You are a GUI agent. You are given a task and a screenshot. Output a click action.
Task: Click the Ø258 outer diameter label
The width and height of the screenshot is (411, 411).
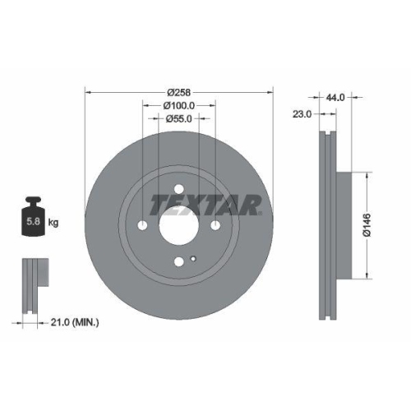(x=178, y=93)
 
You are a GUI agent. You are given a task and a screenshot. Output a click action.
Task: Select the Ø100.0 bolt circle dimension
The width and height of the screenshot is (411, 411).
(x=178, y=105)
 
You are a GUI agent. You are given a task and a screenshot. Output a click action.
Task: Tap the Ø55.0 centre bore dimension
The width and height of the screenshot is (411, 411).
(x=178, y=118)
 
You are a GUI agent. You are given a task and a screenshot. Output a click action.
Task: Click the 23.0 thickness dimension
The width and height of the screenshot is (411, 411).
(x=302, y=114)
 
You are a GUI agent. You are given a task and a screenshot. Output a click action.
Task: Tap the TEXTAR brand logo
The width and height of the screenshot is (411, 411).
(x=205, y=204)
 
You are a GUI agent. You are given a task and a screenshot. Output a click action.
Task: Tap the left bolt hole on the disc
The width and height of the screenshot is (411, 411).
(x=142, y=226)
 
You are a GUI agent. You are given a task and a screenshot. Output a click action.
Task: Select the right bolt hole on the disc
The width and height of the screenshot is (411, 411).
(x=215, y=226)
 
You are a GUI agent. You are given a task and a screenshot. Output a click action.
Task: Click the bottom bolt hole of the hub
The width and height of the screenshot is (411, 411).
(x=178, y=262)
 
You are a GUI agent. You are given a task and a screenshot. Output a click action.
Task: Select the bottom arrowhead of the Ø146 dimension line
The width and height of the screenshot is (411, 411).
(x=364, y=277)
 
